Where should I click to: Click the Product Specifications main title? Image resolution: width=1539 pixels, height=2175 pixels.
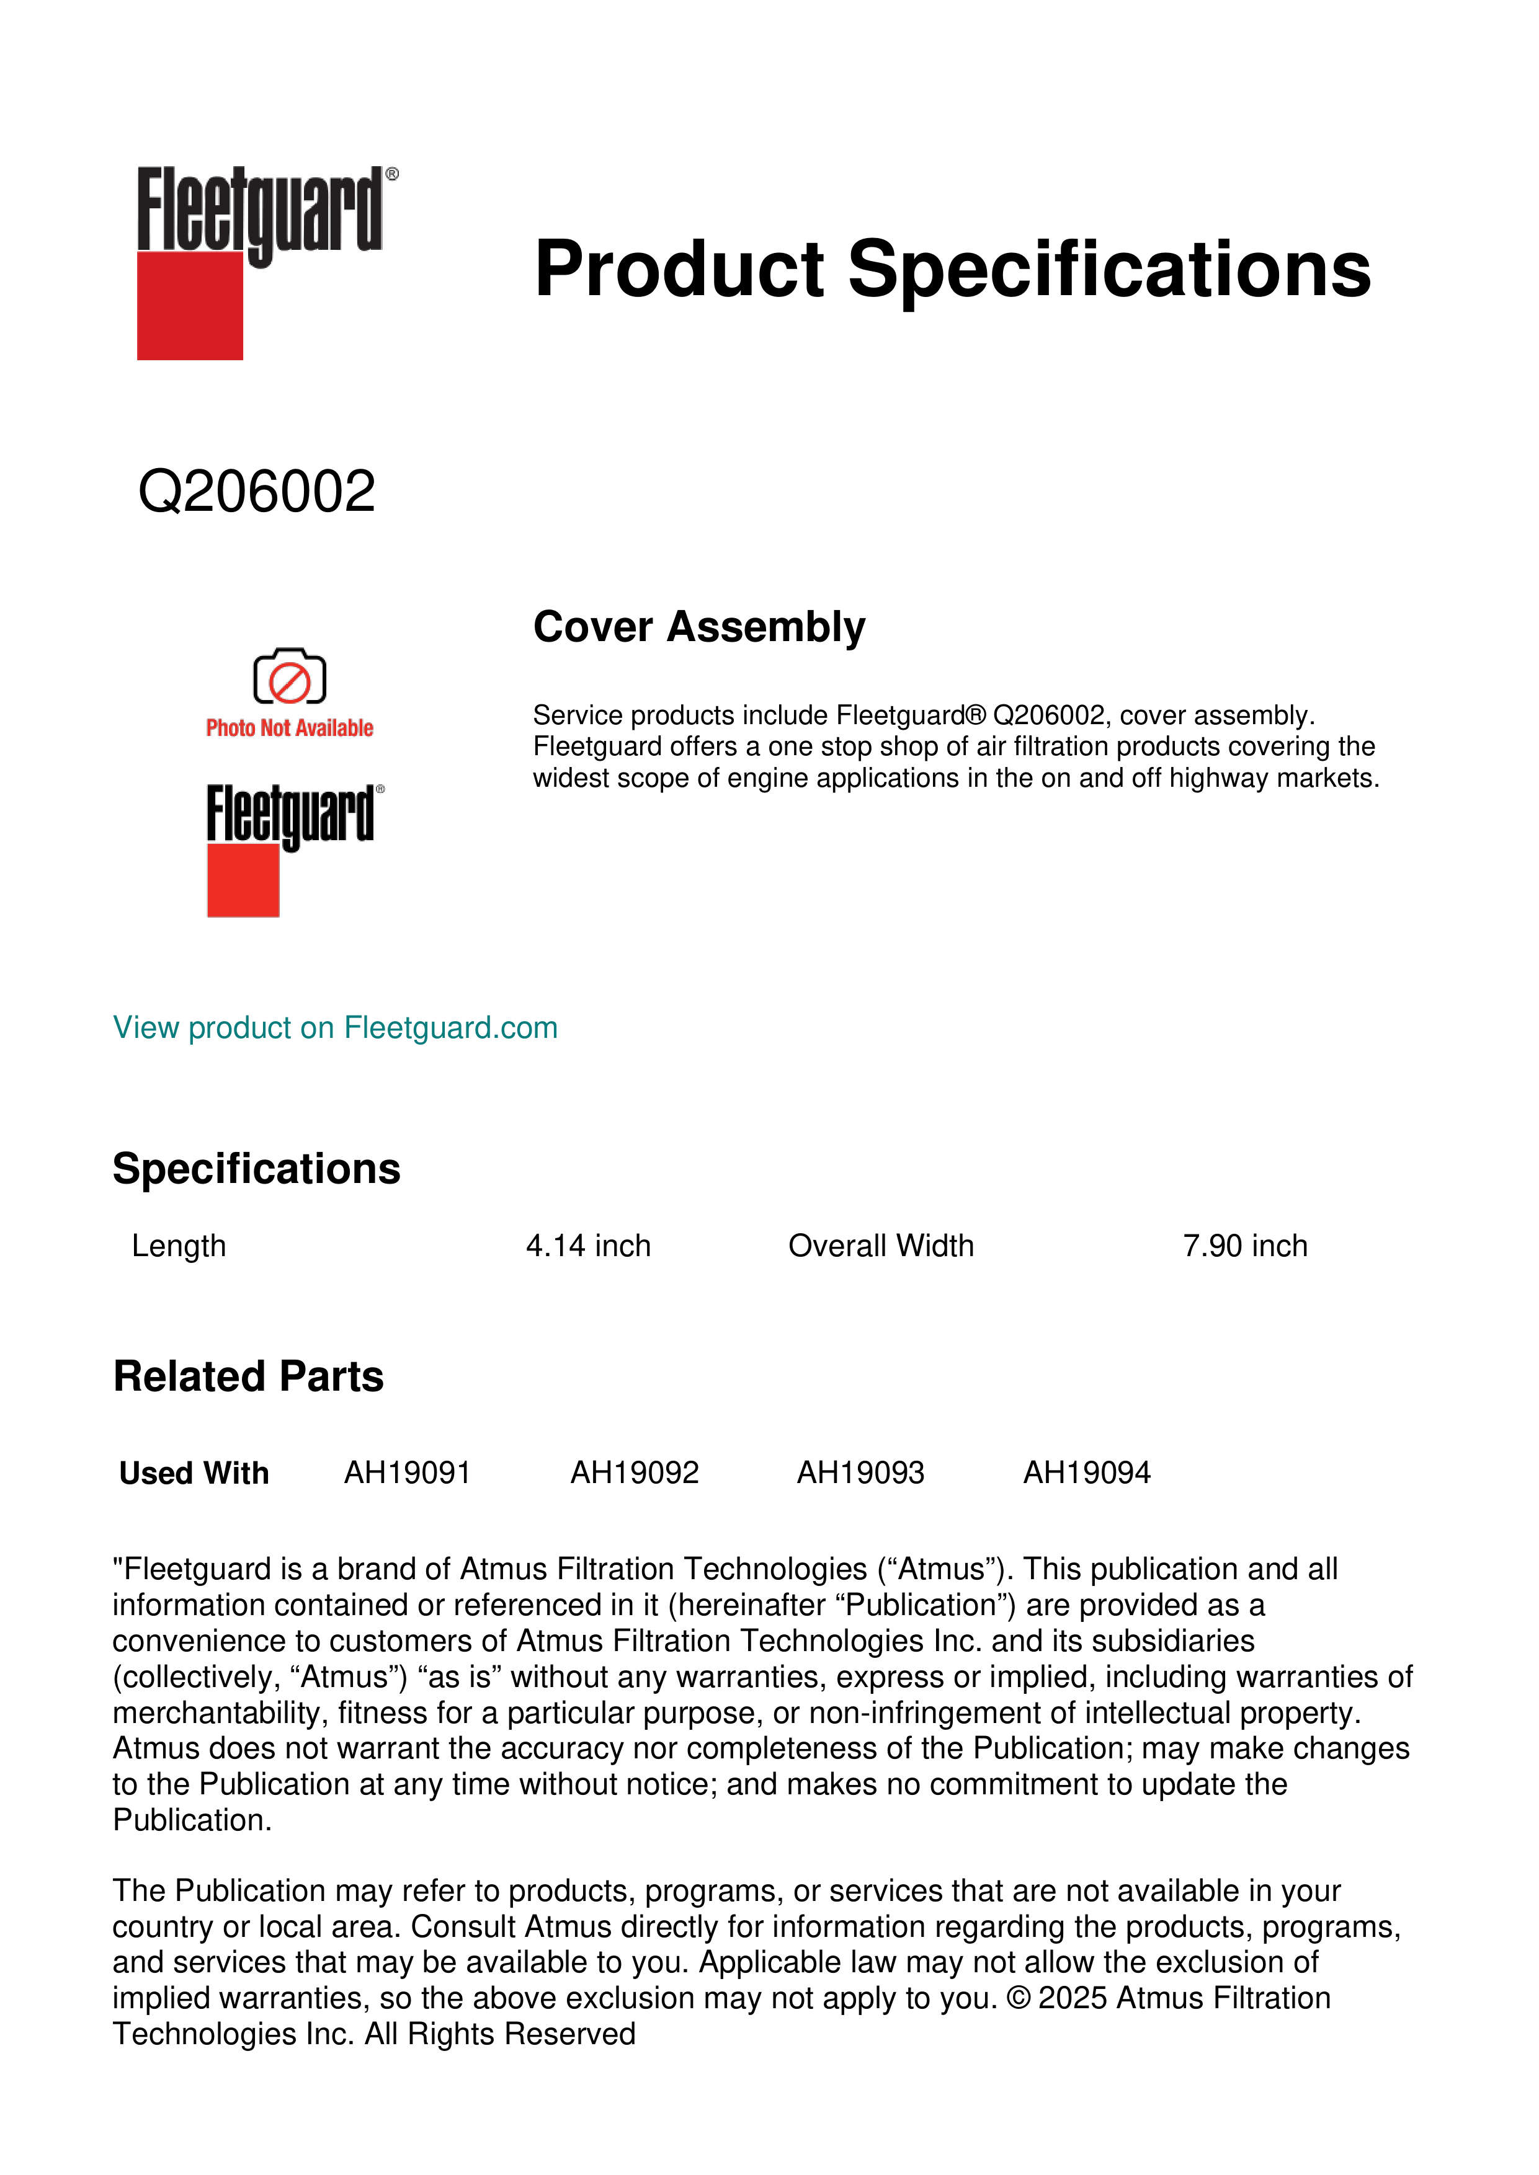pos(952,269)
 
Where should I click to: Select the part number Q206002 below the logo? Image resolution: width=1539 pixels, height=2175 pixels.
pos(257,492)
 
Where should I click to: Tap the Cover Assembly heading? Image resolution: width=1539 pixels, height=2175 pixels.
pos(698,627)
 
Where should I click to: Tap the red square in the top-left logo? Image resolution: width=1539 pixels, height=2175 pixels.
pos(190,305)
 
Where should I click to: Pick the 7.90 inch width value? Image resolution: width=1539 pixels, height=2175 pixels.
pos(1244,1246)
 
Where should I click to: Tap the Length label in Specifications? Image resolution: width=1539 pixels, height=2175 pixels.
pos(179,1246)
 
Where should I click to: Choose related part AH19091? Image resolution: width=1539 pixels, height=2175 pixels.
pos(408,1473)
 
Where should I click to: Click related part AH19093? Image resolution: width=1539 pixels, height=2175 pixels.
pos(860,1473)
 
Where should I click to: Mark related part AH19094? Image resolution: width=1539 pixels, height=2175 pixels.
pos(1086,1473)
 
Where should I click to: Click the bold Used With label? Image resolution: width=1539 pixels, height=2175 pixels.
pos(194,1474)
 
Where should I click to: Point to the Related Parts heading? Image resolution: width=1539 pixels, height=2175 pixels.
pos(248,1376)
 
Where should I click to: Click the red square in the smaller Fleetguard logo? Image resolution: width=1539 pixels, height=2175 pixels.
pos(243,881)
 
